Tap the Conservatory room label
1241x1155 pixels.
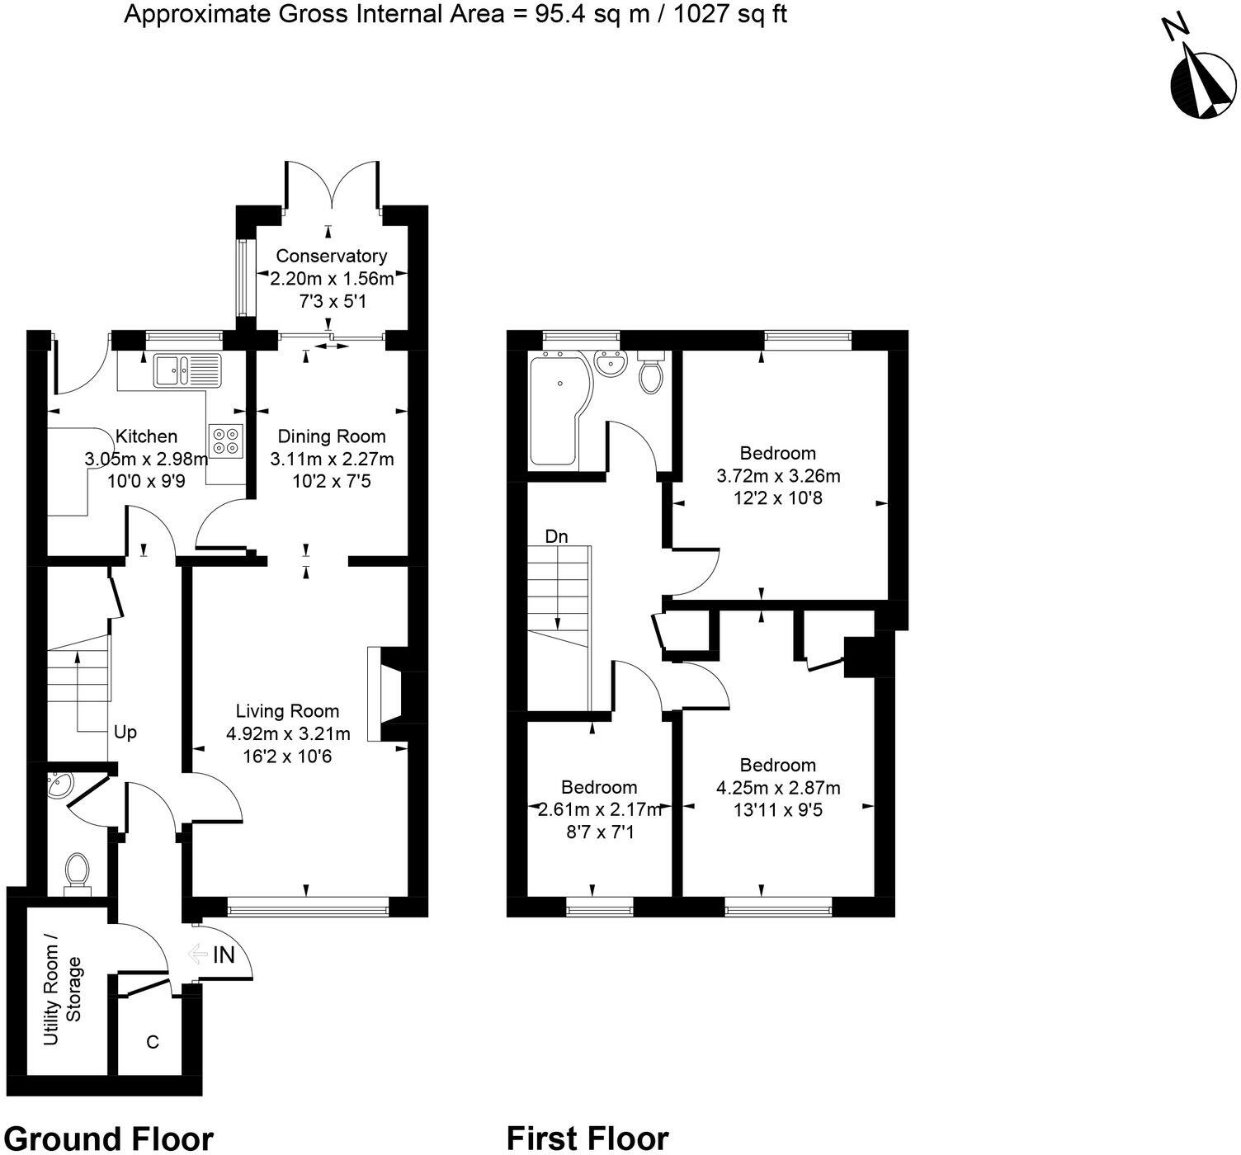[x=331, y=256]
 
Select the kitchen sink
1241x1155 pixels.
[x=187, y=370]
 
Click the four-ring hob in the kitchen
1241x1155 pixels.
[x=226, y=441]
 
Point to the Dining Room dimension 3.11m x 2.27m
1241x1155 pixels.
[x=332, y=459]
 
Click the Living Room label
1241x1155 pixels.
[x=287, y=711]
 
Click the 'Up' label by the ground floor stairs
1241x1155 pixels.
[x=125, y=733]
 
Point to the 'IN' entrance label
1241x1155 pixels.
[x=224, y=955]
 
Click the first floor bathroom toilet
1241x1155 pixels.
[x=651, y=373]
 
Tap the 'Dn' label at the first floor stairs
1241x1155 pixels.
[x=556, y=536]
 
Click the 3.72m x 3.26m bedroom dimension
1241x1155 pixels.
[x=777, y=476]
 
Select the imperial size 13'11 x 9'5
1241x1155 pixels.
[x=777, y=810]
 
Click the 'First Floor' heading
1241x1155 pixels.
[x=587, y=1138]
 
